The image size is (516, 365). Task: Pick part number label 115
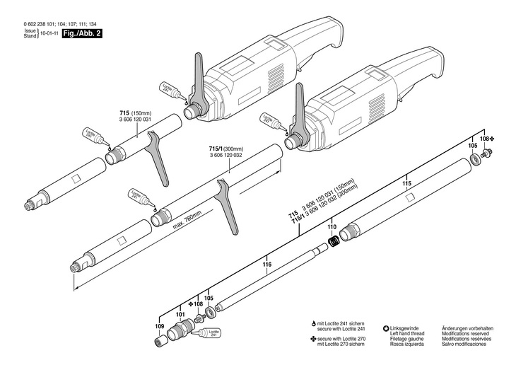coord(406,183)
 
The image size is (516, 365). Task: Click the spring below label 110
coord(336,241)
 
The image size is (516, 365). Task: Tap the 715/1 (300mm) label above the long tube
coord(225,149)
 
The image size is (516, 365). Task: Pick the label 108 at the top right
coord(484,140)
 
